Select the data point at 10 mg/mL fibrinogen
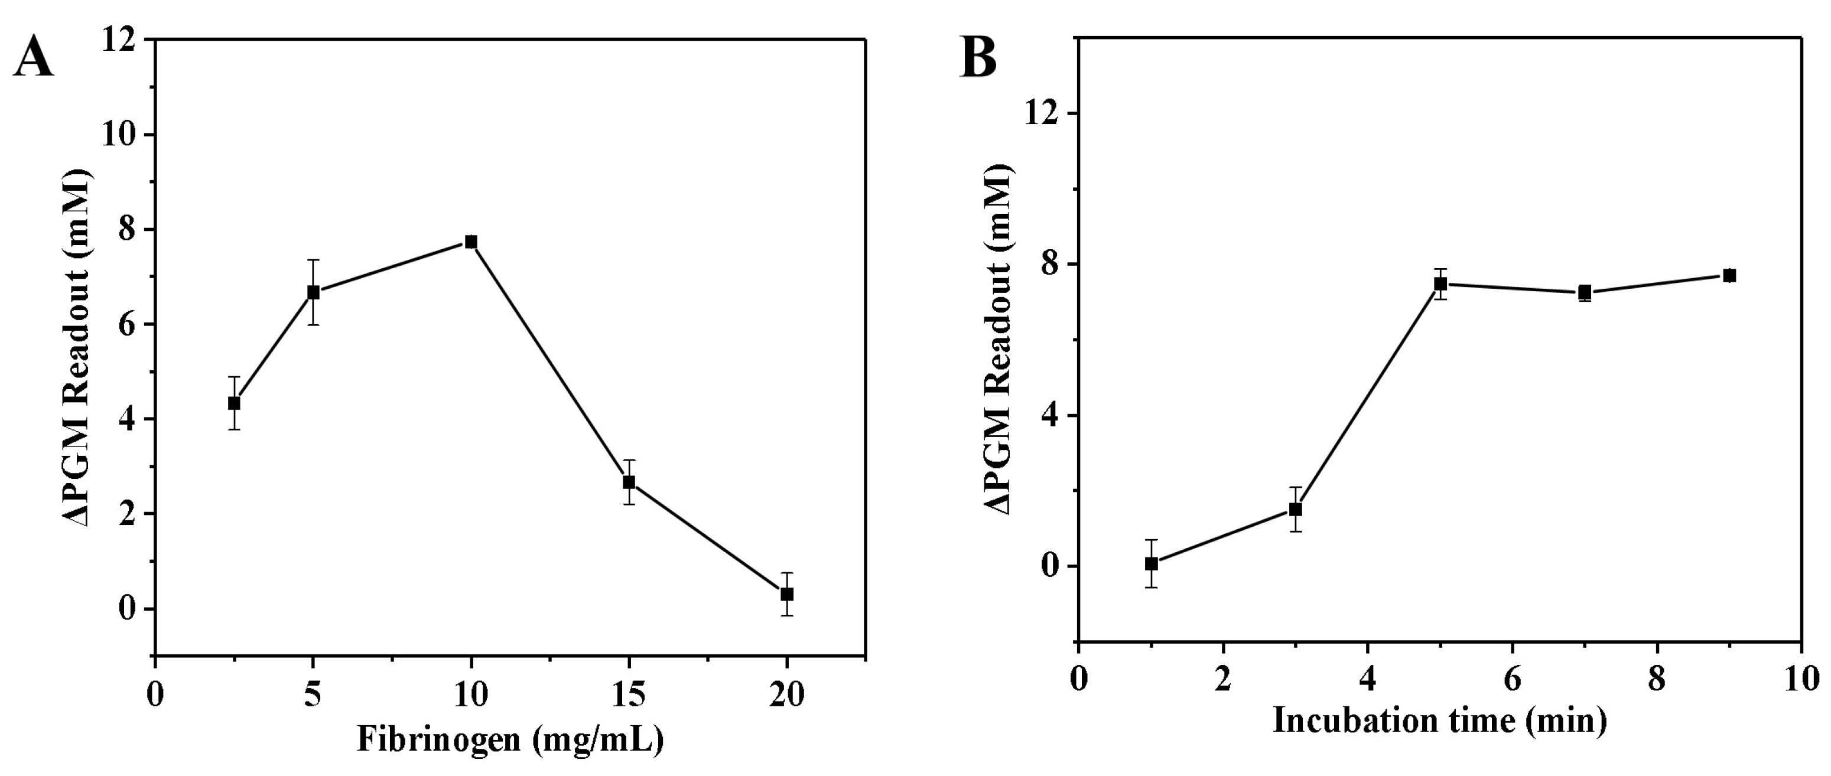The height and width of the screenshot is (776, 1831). (470, 242)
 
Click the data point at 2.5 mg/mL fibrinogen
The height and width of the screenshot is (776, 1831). (234, 403)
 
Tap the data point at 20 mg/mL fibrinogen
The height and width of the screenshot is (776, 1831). (787, 594)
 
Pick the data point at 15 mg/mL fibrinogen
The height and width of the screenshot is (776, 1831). (628, 482)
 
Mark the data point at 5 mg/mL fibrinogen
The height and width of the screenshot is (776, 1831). (313, 292)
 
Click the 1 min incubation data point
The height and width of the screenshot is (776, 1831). (1152, 563)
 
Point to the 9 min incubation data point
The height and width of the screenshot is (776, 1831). (1729, 276)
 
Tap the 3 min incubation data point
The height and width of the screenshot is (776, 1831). (1296, 510)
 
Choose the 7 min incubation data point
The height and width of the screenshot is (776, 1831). (1585, 292)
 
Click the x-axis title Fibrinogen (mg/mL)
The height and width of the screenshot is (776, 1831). (510, 740)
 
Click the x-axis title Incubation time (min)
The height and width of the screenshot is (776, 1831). (1439, 720)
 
